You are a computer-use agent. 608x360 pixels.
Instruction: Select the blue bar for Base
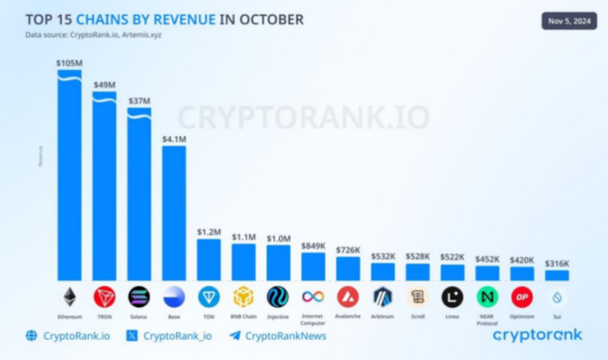[174, 214]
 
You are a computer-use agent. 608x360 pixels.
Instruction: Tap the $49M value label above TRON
[104, 85]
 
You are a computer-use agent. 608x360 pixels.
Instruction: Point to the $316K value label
[557, 263]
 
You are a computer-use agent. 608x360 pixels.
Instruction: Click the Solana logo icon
[138, 297]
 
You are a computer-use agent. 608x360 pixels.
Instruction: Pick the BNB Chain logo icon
[243, 297]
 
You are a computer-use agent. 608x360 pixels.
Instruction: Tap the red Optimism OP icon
[522, 297]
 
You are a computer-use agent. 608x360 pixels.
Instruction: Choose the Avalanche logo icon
[348, 297]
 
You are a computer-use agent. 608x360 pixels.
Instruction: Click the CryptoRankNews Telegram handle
[284, 336]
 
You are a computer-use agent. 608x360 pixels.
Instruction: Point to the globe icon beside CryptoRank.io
[32, 336]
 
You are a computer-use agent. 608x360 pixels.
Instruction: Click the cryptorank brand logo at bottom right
[537, 335]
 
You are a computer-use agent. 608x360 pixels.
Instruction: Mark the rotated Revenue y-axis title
[39, 155]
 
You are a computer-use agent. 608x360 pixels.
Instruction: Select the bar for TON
[209, 260]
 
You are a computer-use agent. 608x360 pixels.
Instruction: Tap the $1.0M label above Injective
[278, 238]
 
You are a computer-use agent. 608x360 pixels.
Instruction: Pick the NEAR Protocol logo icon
[487, 297]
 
